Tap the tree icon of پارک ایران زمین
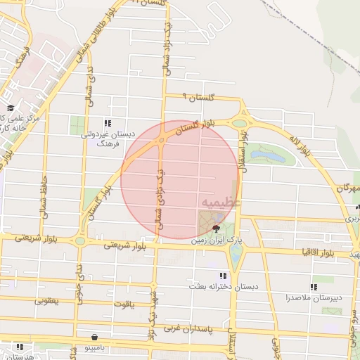point(216,229)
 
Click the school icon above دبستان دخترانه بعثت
point(223,276)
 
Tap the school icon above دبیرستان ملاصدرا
point(314,287)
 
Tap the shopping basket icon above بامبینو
point(104,336)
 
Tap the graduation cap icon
point(11,108)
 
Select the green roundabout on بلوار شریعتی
point(80,240)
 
